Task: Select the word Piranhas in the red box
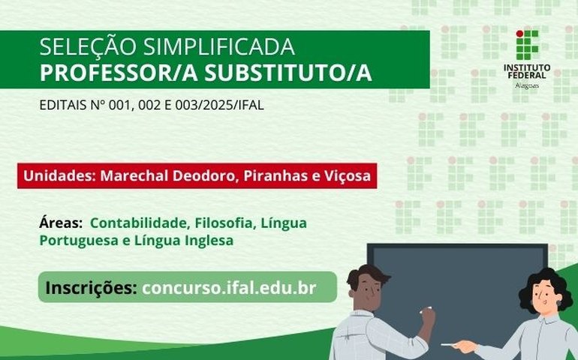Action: [262, 176]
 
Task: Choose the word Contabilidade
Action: [140, 223]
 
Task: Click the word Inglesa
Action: [201, 241]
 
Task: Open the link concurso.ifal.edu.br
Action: [229, 287]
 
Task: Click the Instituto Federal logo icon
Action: [527, 46]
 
